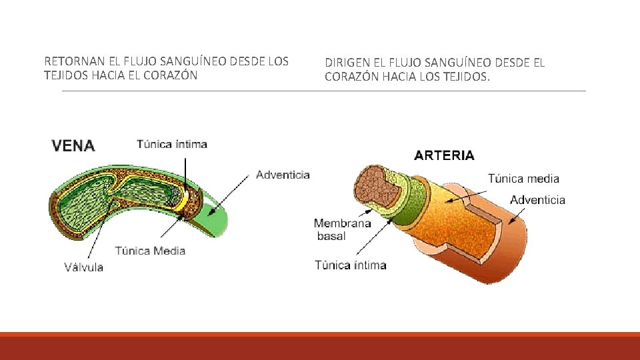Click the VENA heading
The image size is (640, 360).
tap(73, 146)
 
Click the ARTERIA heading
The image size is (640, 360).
tap(444, 155)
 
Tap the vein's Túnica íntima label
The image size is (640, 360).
tap(172, 144)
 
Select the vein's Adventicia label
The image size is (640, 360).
tap(283, 175)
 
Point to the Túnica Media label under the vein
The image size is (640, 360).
tap(150, 251)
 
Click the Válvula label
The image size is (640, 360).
tap(83, 267)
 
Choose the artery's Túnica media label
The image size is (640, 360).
tap(523, 178)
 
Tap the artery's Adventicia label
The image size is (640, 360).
tap(537, 199)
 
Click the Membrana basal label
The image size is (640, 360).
tap(342, 229)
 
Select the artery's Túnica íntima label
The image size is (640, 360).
tap(350, 265)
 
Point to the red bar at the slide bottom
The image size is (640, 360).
tap(320, 347)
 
